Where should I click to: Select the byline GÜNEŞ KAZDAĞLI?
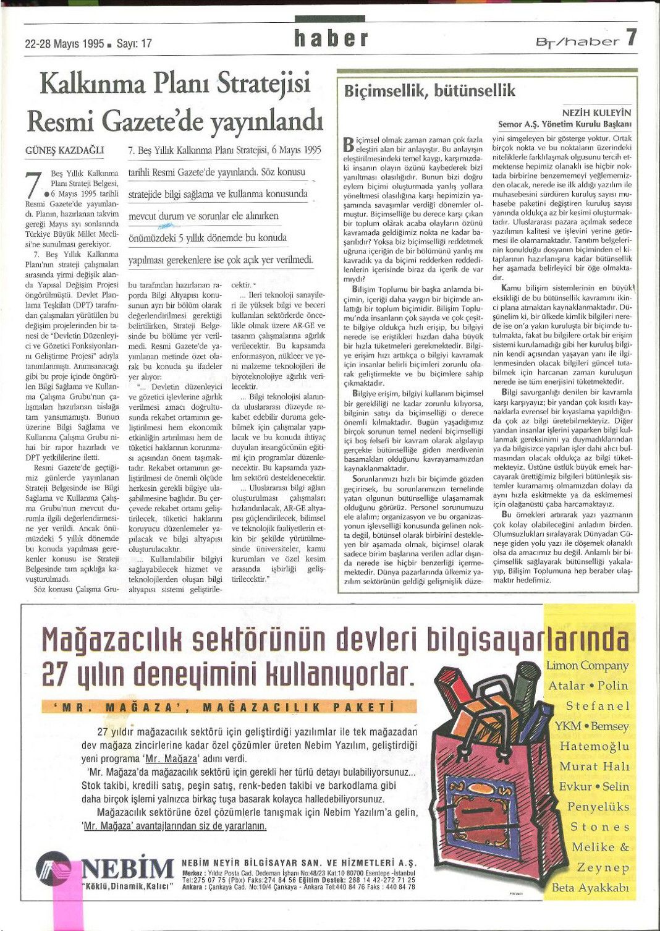[x=64, y=150]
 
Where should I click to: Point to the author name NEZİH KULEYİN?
[x=596, y=113]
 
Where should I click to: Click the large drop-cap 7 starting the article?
[x=34, y=185]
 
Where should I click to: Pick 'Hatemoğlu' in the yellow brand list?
[x=594, y=746]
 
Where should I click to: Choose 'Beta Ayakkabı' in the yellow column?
[x=590, y=888]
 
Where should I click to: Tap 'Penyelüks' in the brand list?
[x=598, y=807]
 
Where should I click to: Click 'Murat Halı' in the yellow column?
[x=594, y=767]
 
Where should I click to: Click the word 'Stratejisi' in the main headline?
[x=263, y=84]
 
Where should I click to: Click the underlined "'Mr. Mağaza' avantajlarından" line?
[x=174, y=826]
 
